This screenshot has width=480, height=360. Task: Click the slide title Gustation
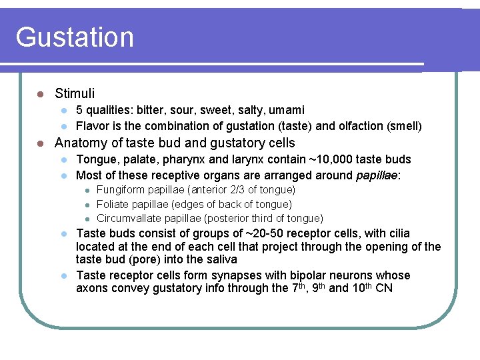pyautogui.click(x=75, y=37)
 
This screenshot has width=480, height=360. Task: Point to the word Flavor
pyautogui.click(x=92, y=125)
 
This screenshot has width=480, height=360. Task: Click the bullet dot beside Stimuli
pyautogui.click(x=41, y=93)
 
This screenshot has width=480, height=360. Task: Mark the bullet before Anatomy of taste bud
pyautogui.click(x=41, y=143)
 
